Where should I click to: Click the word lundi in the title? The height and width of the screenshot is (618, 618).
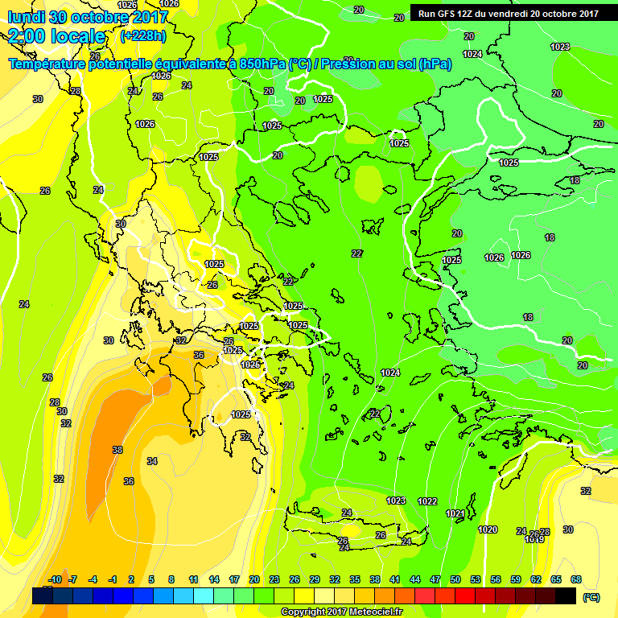pyautogui.click(x=26, y=17)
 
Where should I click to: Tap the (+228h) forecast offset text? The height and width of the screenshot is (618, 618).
pyautogui.click(x=143, y=36)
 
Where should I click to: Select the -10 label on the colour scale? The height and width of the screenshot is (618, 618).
pyautogui.click(x=55, y=579)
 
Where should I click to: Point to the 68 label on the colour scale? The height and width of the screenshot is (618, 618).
pyautogui.click(x=575, y=579)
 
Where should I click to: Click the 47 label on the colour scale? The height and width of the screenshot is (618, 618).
pyautogui.click(x=435, y=579)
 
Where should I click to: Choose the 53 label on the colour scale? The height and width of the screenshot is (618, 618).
pyautogui.click(x=475, y=579)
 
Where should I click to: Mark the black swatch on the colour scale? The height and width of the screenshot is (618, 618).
pyautogui.click(x=566, y=596)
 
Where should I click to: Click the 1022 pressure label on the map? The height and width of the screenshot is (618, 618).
pyautogui.click(x=427, y=501)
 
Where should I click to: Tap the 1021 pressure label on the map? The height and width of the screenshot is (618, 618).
pyautogui.click(x=455, y=513)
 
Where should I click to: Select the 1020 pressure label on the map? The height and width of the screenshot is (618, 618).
pyautogui.click(x=487, y=529)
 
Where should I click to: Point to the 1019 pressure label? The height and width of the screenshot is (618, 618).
pyautogui.click(x=534, y=540)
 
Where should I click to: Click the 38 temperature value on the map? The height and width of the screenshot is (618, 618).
pyautogui.click(x=117, y=450)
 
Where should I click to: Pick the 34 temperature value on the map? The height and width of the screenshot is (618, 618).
pyautogui.click(x=152, y=461)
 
